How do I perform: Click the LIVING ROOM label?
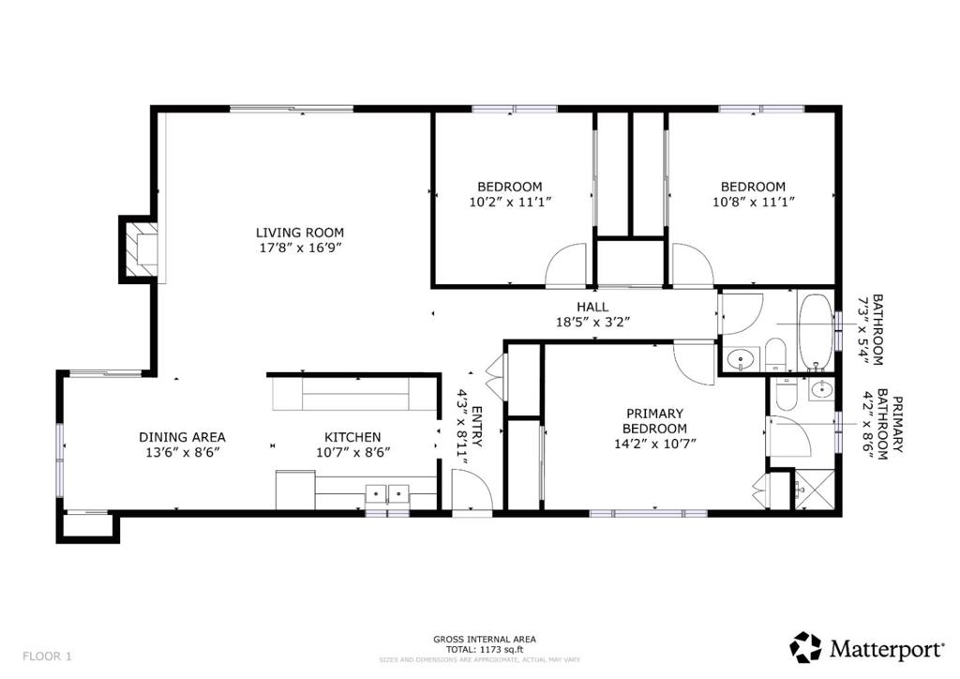coord(300,233)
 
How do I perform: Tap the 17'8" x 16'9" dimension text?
coord(300,248)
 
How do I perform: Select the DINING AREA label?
coord(182,437)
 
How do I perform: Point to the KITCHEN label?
coord(352,437)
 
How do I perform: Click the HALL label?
coord(592,307)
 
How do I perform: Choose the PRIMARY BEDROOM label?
coord(655,421)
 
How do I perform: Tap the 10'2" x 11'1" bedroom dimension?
coord(510,202)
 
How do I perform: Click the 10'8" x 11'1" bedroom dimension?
coord(753,202)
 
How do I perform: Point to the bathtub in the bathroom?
coord(816,332)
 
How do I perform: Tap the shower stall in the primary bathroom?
coord(815,490)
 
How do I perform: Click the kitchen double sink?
coord(387,493)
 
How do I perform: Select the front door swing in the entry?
coord(472,489)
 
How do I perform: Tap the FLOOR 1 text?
coord(47,656)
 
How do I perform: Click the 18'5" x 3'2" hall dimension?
coord(592,322)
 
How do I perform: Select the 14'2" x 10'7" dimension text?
coord(655,444)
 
